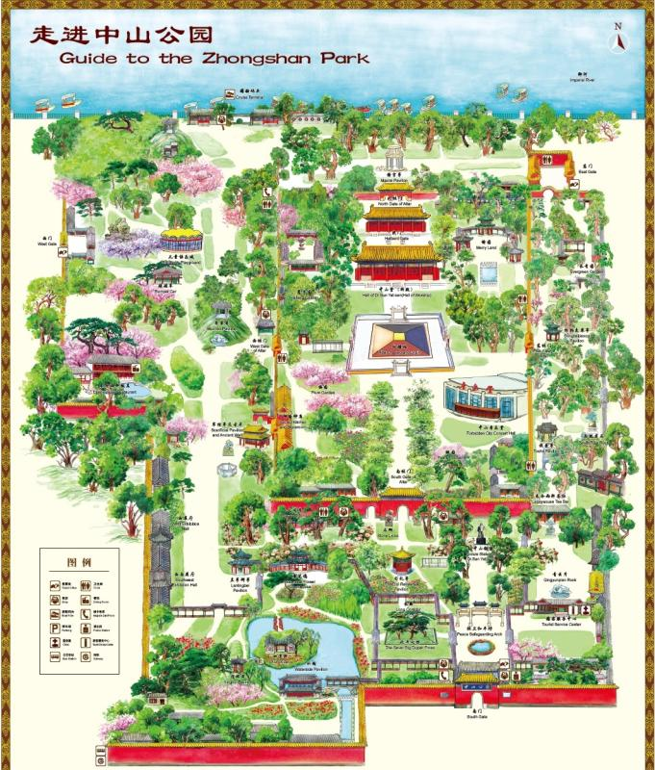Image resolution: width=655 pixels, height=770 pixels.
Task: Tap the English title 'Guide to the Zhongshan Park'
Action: [214, 58]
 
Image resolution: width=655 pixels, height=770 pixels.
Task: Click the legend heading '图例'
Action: [79, 562]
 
